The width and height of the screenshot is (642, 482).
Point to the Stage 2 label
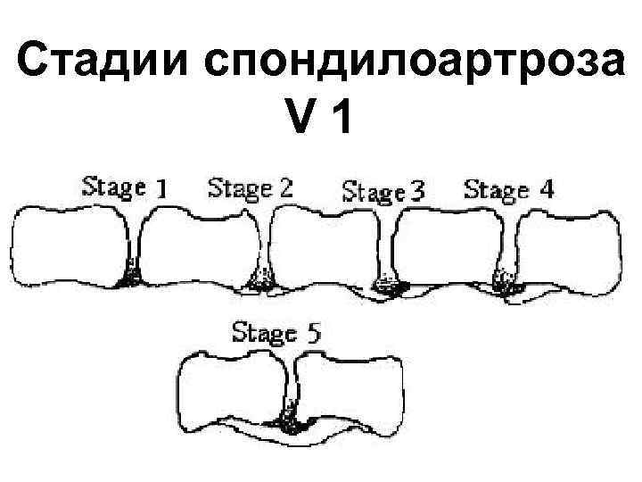click(x=250, y=187)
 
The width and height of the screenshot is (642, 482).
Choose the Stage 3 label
click(x=383, y=191)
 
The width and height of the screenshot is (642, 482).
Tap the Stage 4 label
click(x=508, y=188)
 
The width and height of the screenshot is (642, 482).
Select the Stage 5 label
click(x=276, y=333)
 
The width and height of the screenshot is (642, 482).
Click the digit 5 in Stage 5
click(x=314, y=334)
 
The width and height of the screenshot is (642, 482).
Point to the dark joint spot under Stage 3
click(x=389, y=285)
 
